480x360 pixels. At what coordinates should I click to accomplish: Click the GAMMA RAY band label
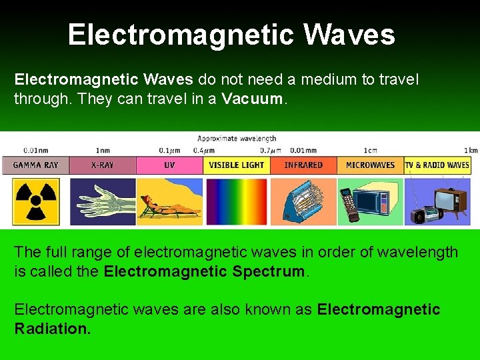[x=36, y=165]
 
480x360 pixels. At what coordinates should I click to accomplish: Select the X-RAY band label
[x=102, y=165]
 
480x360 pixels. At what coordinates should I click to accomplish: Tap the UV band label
[x=169, y=165]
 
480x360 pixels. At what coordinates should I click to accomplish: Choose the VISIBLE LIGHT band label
[x=237, y=165]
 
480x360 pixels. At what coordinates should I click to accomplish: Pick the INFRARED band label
[x=303, y=165]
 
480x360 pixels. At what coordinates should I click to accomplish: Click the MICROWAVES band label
[x=370, y=165]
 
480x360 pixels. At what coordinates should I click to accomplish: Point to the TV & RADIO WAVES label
[x=437, y=165]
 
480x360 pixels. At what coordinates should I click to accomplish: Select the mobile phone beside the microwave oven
[x=349, y=204]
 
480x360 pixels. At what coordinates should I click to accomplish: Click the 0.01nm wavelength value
[x=35, y=150]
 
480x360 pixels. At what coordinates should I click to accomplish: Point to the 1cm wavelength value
[x=370, y=150]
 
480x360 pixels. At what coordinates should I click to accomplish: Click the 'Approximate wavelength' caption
[x=237, y=139]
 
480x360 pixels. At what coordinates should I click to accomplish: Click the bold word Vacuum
[x=253, y=100]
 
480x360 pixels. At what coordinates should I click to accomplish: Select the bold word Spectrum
[x=273, y=271]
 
